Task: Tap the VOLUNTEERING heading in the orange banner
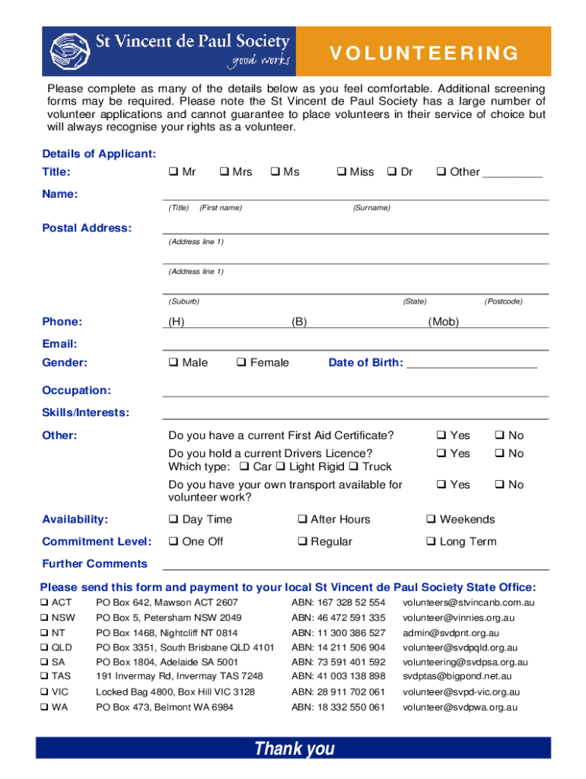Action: tap(425, 53)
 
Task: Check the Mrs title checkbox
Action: tap(225, 172)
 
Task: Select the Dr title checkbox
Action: tap(392, 172)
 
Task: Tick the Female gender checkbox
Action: tap(240, 363)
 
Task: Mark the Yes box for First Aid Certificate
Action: tap(441, 436)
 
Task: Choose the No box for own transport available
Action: tap(499, 485)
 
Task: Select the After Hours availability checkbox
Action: tap(302, 520)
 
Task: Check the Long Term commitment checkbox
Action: tap(431, 542)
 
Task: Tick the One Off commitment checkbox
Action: tap(173, 542)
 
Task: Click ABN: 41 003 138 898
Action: tap(338, 676)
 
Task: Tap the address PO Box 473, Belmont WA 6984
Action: tap(164, 707)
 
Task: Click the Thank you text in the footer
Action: tap(295, 749)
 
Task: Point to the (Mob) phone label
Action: tap(444, 322)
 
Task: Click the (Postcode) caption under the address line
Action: tap(503, 301)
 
